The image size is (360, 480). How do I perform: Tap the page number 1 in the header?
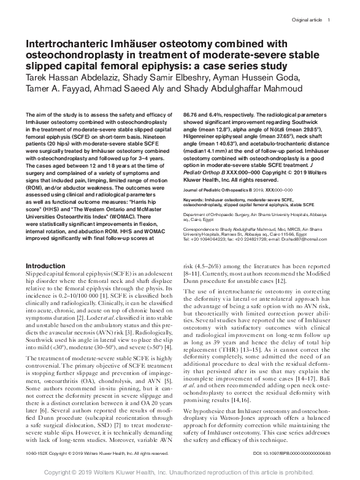point(329,20)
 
